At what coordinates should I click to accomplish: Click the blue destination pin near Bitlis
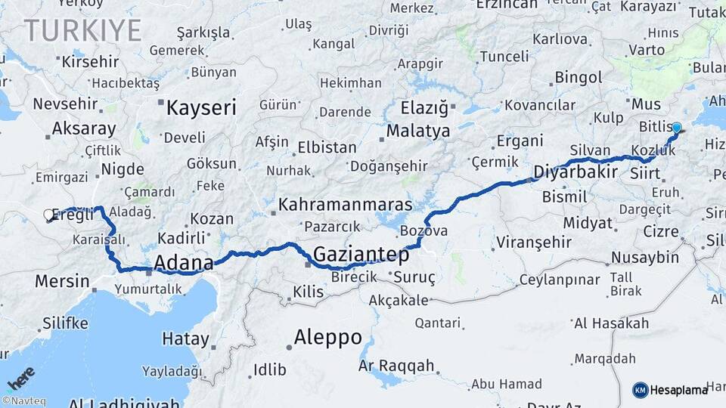676,128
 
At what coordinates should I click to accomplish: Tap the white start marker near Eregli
49,215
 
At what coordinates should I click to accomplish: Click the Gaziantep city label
361,255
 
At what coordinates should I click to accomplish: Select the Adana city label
183,263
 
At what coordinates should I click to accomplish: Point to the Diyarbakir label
576,172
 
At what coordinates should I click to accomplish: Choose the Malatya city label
417,131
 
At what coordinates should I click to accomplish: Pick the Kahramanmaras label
345,205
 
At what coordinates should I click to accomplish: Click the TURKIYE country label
82,31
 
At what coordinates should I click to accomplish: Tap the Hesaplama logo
671,390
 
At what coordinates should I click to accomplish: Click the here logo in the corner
20,378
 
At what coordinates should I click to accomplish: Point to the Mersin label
60,282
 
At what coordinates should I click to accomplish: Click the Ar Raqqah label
396,366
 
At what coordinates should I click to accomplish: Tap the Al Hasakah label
611,323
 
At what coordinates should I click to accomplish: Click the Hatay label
185,339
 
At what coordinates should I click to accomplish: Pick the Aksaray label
84,128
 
